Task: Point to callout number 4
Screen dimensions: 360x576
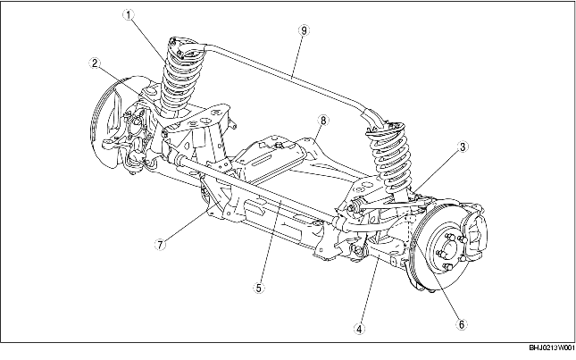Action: pos(359,328)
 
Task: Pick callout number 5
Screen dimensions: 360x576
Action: pos(258,289)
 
